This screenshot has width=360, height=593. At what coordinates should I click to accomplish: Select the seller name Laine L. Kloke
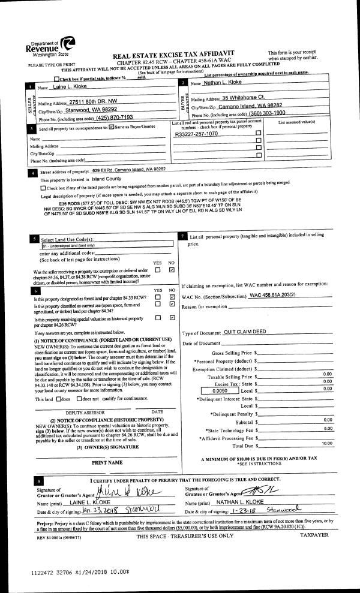coord(70,88)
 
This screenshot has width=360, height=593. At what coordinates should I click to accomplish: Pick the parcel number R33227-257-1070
coord(196,134)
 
